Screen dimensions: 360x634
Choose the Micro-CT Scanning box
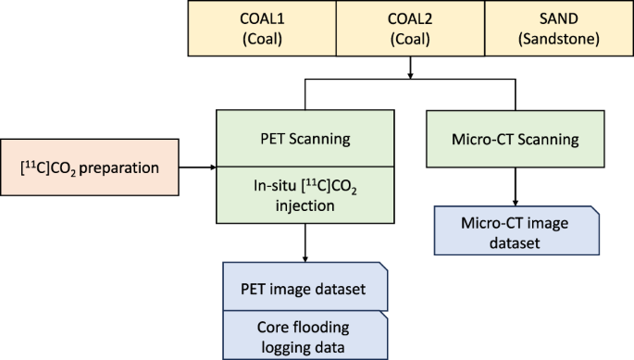[516, 141]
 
